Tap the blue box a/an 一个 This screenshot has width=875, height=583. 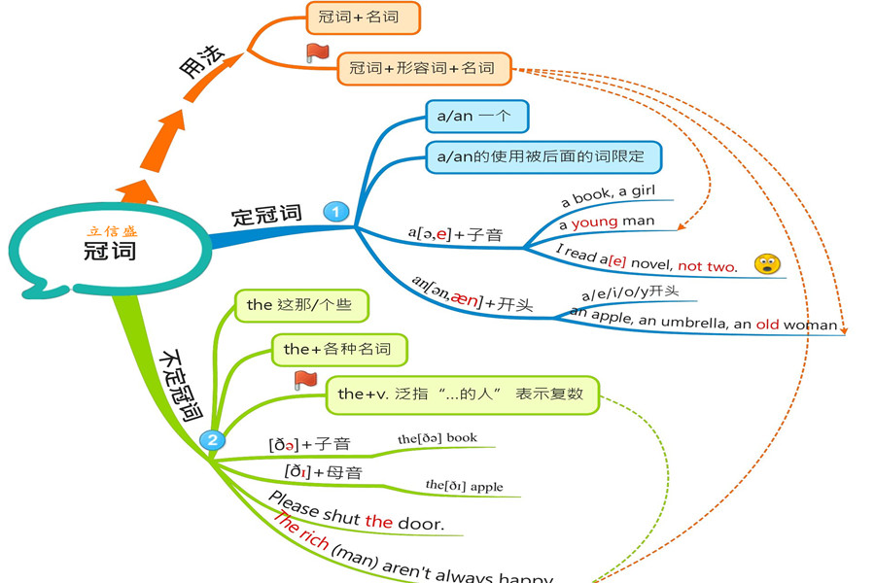click(x=476, y=117)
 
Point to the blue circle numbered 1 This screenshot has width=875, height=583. click(x=335, y=211)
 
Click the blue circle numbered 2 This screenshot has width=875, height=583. click(x=213, y=440)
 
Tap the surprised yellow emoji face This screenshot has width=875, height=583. click(x=768, y=263)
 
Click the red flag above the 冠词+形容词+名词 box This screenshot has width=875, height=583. click(x=317, y=52)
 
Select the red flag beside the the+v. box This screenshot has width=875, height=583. click(x=305, y=380)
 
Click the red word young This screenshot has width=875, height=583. click(x=595, y=222)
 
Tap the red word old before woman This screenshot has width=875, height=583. click(x=767, y=324)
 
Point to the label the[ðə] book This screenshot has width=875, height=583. click(x=437, y=438)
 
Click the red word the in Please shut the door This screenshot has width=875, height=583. click(x=378, y=522)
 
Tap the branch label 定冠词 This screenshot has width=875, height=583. click(x=266, y=215)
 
